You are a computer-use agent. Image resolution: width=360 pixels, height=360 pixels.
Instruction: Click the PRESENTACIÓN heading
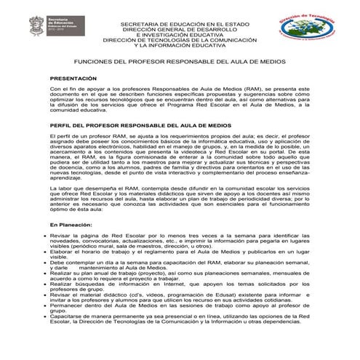pyautogui.click(x=73, y=77)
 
